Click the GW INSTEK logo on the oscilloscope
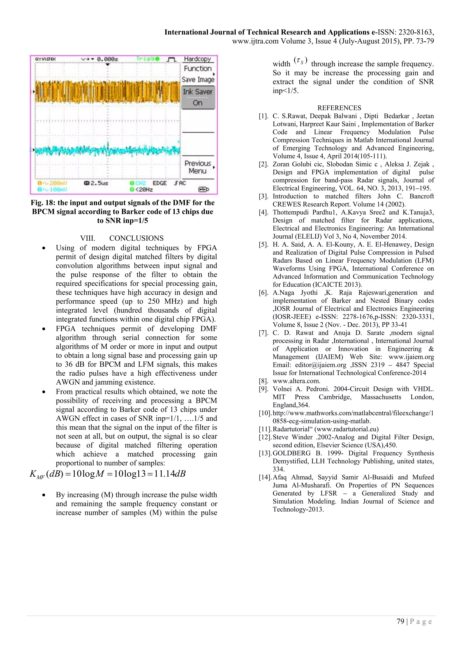(x=46, y=59)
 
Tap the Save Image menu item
(x=198, y=80)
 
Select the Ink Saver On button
(x=198, y=97)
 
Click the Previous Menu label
(x=198, y=167)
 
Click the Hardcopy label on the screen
(x=197, y=59)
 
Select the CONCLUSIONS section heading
(x=136, y=238)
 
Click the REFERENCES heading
(x=339, y=108)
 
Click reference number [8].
(x=263, y=381)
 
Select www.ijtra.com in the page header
(x=255, y=41)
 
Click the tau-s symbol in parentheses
(x=300, y=61)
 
